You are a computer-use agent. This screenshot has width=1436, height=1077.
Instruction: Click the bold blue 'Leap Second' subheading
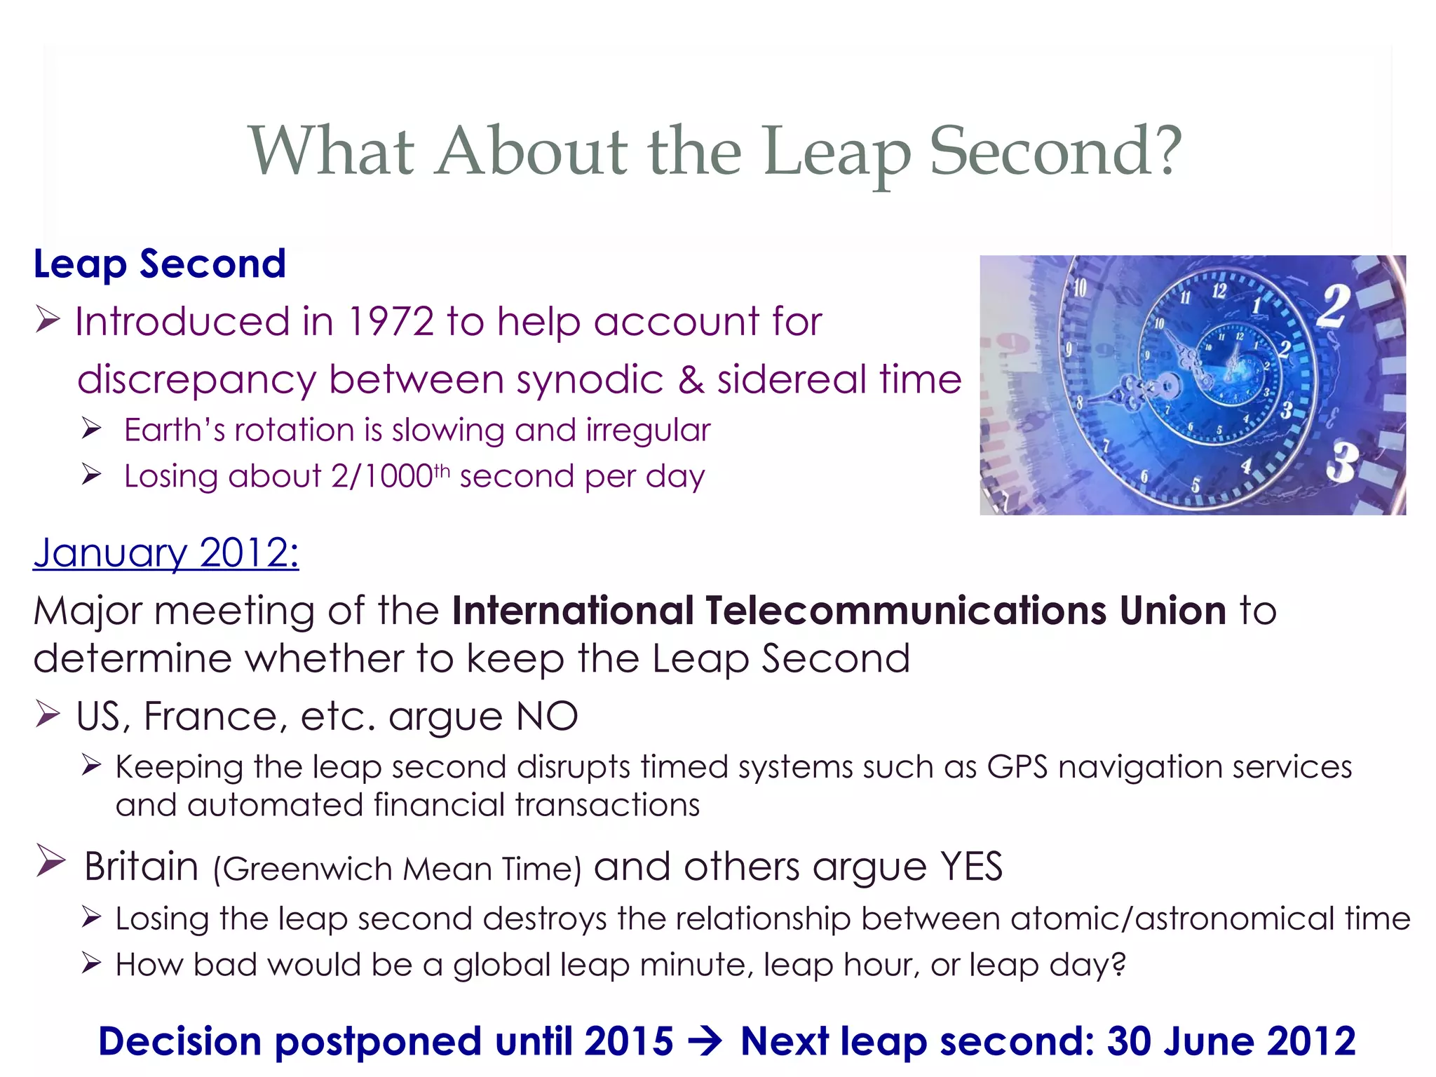[x=160, y=264]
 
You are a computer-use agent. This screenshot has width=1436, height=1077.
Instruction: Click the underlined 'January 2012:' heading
[x=166, y=553]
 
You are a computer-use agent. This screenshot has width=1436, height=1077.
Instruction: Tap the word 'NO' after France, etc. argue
[x=547, y=717]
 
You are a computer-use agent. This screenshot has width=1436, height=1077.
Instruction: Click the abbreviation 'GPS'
[x=1017, y=767]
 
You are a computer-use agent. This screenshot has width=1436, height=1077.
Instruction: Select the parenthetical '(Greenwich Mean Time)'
[x=397, y=869]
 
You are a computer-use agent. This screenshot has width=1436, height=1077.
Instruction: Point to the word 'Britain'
[x=142, y=867]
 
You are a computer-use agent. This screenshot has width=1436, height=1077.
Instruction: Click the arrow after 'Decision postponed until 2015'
[x=705, y=1041]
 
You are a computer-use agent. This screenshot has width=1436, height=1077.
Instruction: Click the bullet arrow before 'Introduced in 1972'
[x=48, y=320]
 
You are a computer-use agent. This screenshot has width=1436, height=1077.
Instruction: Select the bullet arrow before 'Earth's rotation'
[x=91, y=428]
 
